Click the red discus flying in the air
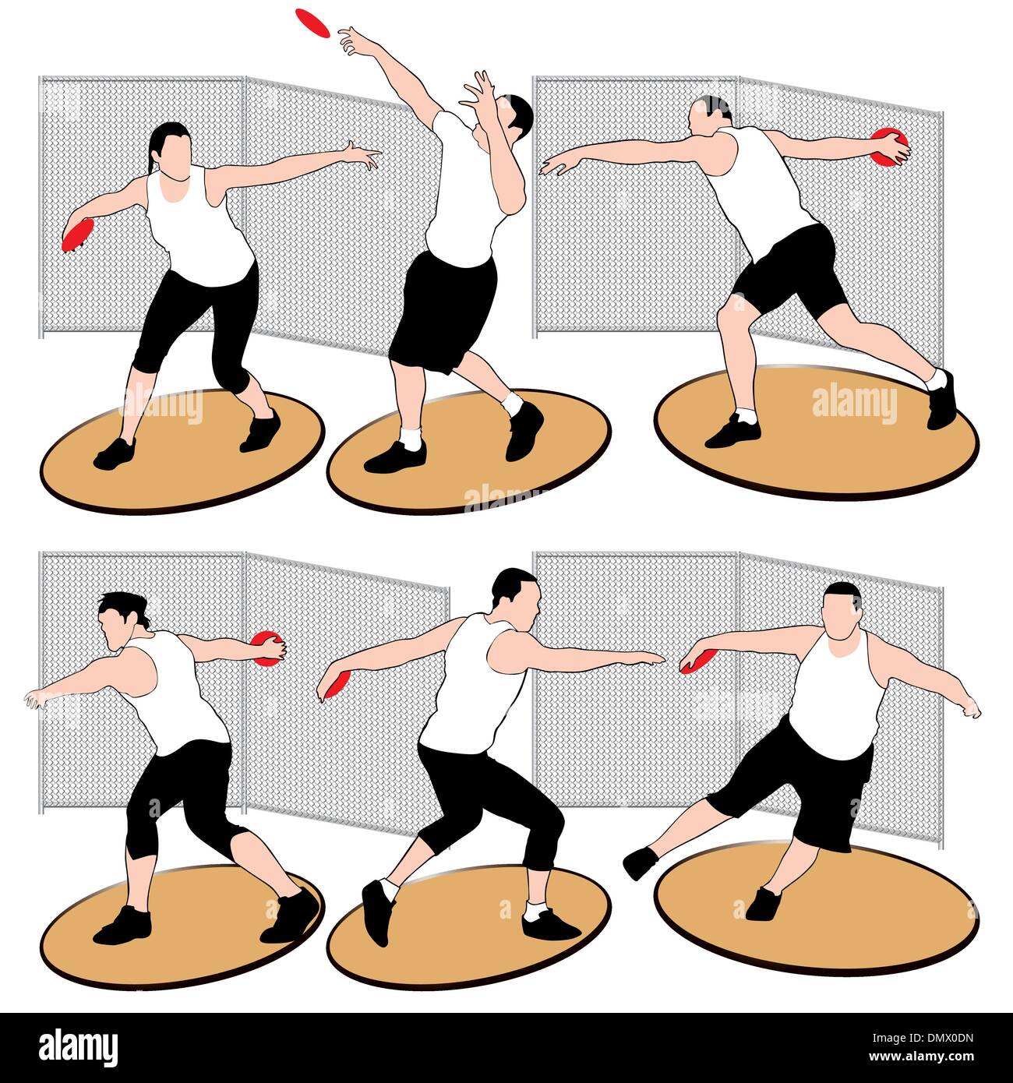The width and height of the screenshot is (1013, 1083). (x=313, y=20)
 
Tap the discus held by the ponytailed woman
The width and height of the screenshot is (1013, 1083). (x=77, y=235)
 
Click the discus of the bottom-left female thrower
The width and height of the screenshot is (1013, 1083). (x=267, y=648)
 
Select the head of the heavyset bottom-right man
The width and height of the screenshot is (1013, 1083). (x=842, y=609)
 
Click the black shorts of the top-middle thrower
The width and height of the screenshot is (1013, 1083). (x=443, y=309)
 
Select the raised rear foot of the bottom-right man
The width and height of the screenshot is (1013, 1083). (x=641, y=863)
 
